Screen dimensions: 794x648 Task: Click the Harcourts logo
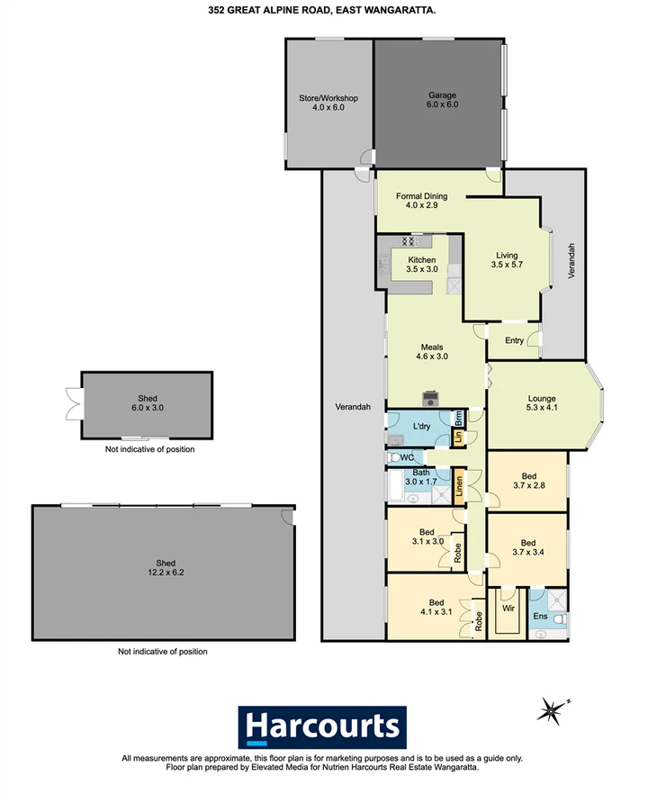click(322, 726)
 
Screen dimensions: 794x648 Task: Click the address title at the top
click(323, 11)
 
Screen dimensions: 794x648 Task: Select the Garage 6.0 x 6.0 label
click(442, 99)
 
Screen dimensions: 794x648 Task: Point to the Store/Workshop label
click(328, 103)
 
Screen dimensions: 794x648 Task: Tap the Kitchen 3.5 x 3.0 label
click(421, 266)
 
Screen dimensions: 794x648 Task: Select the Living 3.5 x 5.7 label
click(508, 259)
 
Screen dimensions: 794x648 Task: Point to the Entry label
click(514, 340)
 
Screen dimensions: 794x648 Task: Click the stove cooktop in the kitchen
click(413, 241)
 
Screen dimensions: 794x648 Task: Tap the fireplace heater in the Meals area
click(432, 397)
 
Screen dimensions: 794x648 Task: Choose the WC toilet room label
click(408, 457)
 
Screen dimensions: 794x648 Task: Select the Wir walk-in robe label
click(508, 609)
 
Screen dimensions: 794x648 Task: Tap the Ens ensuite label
click(540, 617)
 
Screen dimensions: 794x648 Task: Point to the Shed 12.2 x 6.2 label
click(163, 568)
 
